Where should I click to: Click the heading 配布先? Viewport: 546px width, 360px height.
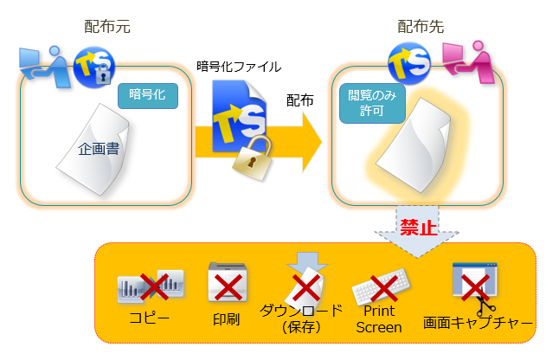pos(421,27)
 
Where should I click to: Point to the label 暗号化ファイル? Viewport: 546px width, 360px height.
pos(239,66)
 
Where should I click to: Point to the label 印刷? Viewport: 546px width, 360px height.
pos(226,318)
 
